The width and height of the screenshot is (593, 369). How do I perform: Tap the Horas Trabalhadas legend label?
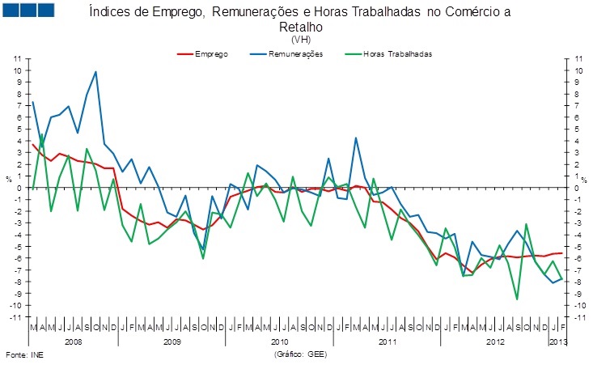click(x=398, y=53)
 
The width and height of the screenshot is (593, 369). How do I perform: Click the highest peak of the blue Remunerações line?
click(x=96, y=72)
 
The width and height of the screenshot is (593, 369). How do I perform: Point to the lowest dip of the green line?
click(x=517, y=299)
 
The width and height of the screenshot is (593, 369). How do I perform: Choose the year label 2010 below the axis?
click(x=279, y=343)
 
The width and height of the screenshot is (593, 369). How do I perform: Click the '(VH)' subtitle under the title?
click(x=300, y=39)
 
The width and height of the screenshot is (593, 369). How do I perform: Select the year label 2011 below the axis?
click(x=388, y=343)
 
